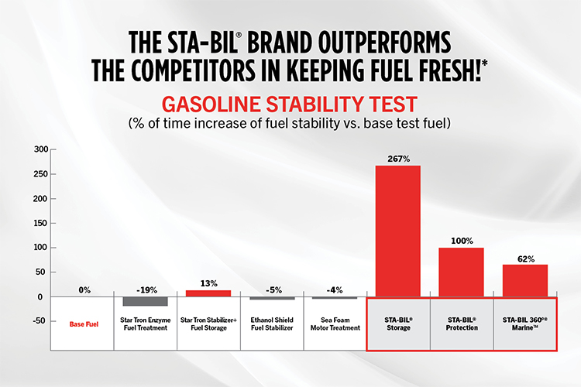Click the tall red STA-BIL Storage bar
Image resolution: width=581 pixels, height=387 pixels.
pyautogui.click(x=398, y=231)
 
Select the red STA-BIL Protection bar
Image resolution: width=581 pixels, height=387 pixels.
pyautogui.click(x=462, y=272)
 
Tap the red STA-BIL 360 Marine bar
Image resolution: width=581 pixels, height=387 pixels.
pyautogui.click(x=525, y=280)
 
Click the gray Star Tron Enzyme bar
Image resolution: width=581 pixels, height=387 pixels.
pyautogui.click(x=146, y=301)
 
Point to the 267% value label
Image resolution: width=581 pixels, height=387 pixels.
pyautogui.click(x=398, y=158)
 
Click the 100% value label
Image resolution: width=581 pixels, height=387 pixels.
pyautogui.click(x=462, y=241)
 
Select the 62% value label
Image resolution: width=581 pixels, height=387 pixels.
pyautogui.click(x=525, y=259)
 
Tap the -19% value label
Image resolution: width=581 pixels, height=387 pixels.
pyautogui.click(x=146, y=290)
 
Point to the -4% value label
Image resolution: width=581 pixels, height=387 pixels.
pyautogui.click(x=335, y=290)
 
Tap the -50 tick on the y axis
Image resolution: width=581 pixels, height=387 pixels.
pyautogui.click(x=36, y=321)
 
